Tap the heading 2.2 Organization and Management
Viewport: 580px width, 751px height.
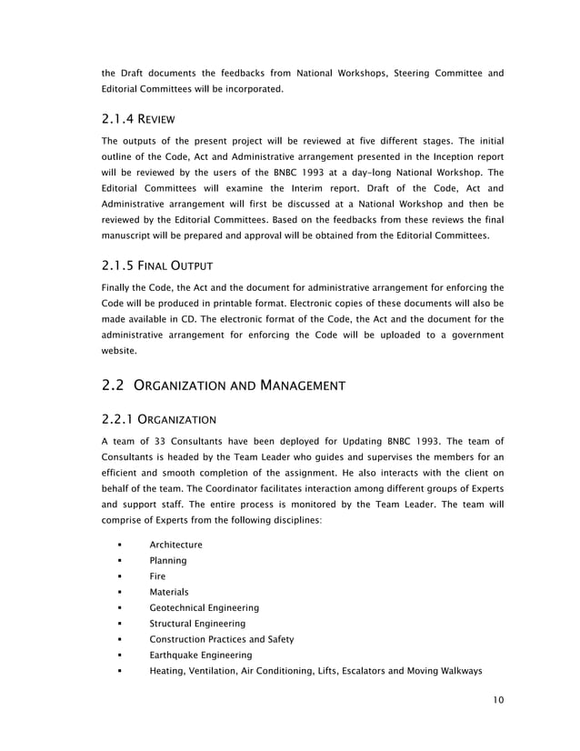tap(224, 386)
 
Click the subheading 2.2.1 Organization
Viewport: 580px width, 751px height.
tap(158, 419)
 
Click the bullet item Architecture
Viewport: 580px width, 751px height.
tap(175, 545)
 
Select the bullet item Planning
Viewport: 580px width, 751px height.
tap(168, 561)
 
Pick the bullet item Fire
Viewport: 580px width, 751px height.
tap(157, 576)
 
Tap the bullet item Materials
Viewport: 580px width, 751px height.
tap(169, 592)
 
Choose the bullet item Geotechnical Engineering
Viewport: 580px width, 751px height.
tap(204, 607)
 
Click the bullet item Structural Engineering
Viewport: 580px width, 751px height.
tap(197, 624)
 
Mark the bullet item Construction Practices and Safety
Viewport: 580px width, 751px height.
tap(221, 639)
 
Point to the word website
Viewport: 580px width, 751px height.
tap(119, 350)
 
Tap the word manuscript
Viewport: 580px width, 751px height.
tap(132, 235)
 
